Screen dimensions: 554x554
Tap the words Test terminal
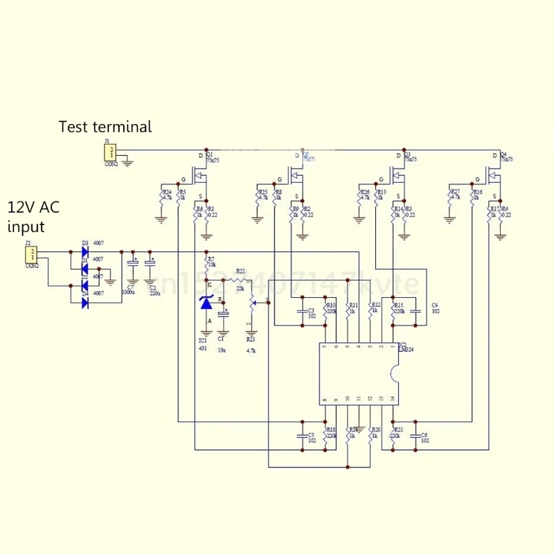tap(105, 127)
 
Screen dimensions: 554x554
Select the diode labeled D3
tap(84, 251)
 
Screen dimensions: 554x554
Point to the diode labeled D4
tap(84, 303)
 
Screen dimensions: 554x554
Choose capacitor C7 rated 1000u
tap(132, 267)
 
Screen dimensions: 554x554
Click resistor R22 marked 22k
tap(240, 279)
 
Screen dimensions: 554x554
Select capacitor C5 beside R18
tap(303, 436)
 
